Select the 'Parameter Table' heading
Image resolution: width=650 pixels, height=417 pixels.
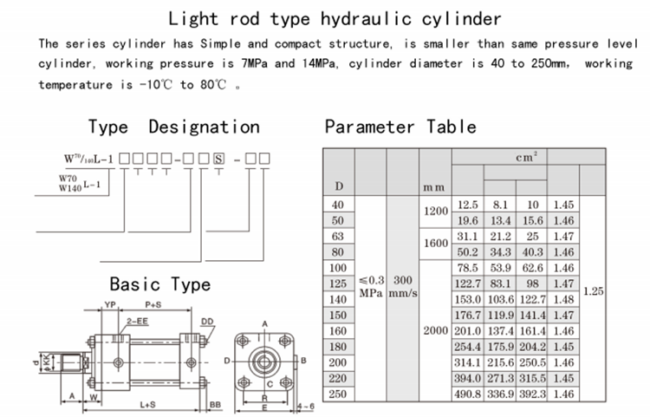click(x=400, y=127)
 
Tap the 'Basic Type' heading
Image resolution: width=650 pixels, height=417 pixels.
click(x=159, y=284)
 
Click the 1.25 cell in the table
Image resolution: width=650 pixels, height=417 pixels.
click(x=593, y=292)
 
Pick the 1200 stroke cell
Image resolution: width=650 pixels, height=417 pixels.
click(x=435, y=211)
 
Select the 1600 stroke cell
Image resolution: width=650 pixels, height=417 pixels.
click(x=435, y=244)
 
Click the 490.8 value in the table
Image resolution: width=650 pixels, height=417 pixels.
click(x=468, y=394)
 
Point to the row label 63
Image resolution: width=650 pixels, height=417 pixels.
click(x=339, y=236)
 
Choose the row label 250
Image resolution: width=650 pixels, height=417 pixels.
click(x=339, y=394)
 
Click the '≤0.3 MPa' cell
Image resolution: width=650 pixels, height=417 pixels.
click(x=372, y=287)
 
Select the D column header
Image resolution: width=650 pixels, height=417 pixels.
click(x=339, y=186)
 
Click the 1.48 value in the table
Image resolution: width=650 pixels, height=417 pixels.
click(x=564, y=299)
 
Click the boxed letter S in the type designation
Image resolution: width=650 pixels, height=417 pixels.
click(x=218, y=159)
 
